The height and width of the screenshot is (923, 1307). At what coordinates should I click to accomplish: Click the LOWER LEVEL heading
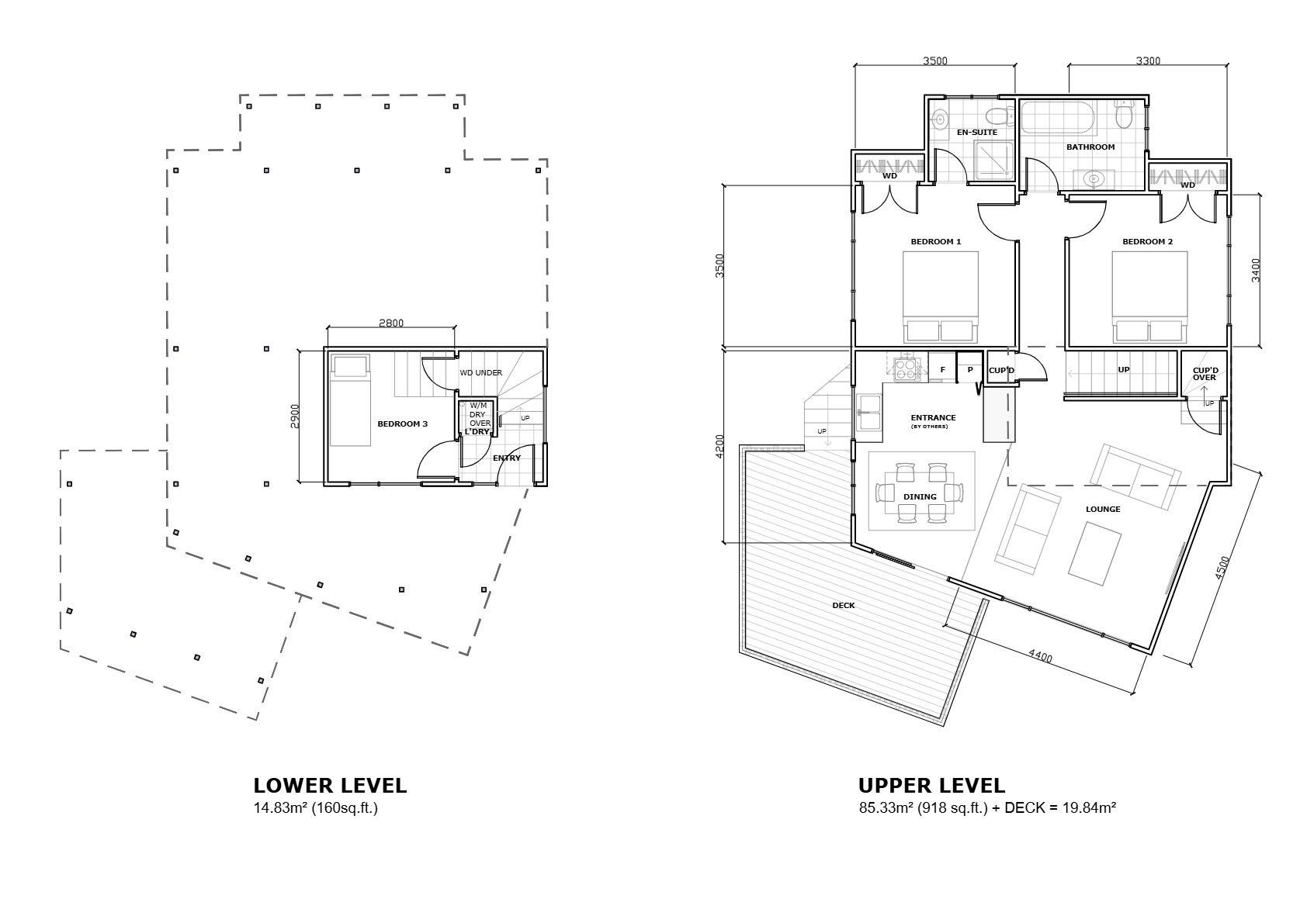coord(330,786)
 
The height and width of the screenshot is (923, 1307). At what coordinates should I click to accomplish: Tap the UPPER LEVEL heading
coord(931,786)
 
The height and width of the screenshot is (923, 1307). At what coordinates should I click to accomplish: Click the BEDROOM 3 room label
coord(403,424)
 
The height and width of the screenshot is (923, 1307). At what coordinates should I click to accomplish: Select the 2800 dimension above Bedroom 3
coord(391,323)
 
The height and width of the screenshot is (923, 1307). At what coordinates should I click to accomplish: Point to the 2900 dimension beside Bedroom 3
coord(295,417)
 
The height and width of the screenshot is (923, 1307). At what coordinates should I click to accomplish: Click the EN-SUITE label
coord(977,133)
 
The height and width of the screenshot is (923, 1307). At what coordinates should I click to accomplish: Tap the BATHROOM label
coord(1090,147)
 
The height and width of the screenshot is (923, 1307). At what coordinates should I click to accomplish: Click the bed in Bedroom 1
coord(941,297)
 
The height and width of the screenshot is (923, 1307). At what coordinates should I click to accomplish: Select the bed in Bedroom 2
coord(1149,297)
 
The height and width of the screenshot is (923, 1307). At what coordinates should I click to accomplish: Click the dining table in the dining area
coord(920,493)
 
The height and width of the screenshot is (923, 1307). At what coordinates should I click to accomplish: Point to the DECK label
coord(843,605)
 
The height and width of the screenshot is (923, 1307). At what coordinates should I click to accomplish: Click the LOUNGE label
coord(1103,509)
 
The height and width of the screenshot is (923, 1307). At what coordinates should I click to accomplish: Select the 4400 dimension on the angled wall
coord(1040,656)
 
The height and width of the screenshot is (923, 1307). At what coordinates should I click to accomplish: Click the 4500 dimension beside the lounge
coord(1222,568)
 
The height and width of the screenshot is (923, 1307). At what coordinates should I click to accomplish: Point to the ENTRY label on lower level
coord(507,458)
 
